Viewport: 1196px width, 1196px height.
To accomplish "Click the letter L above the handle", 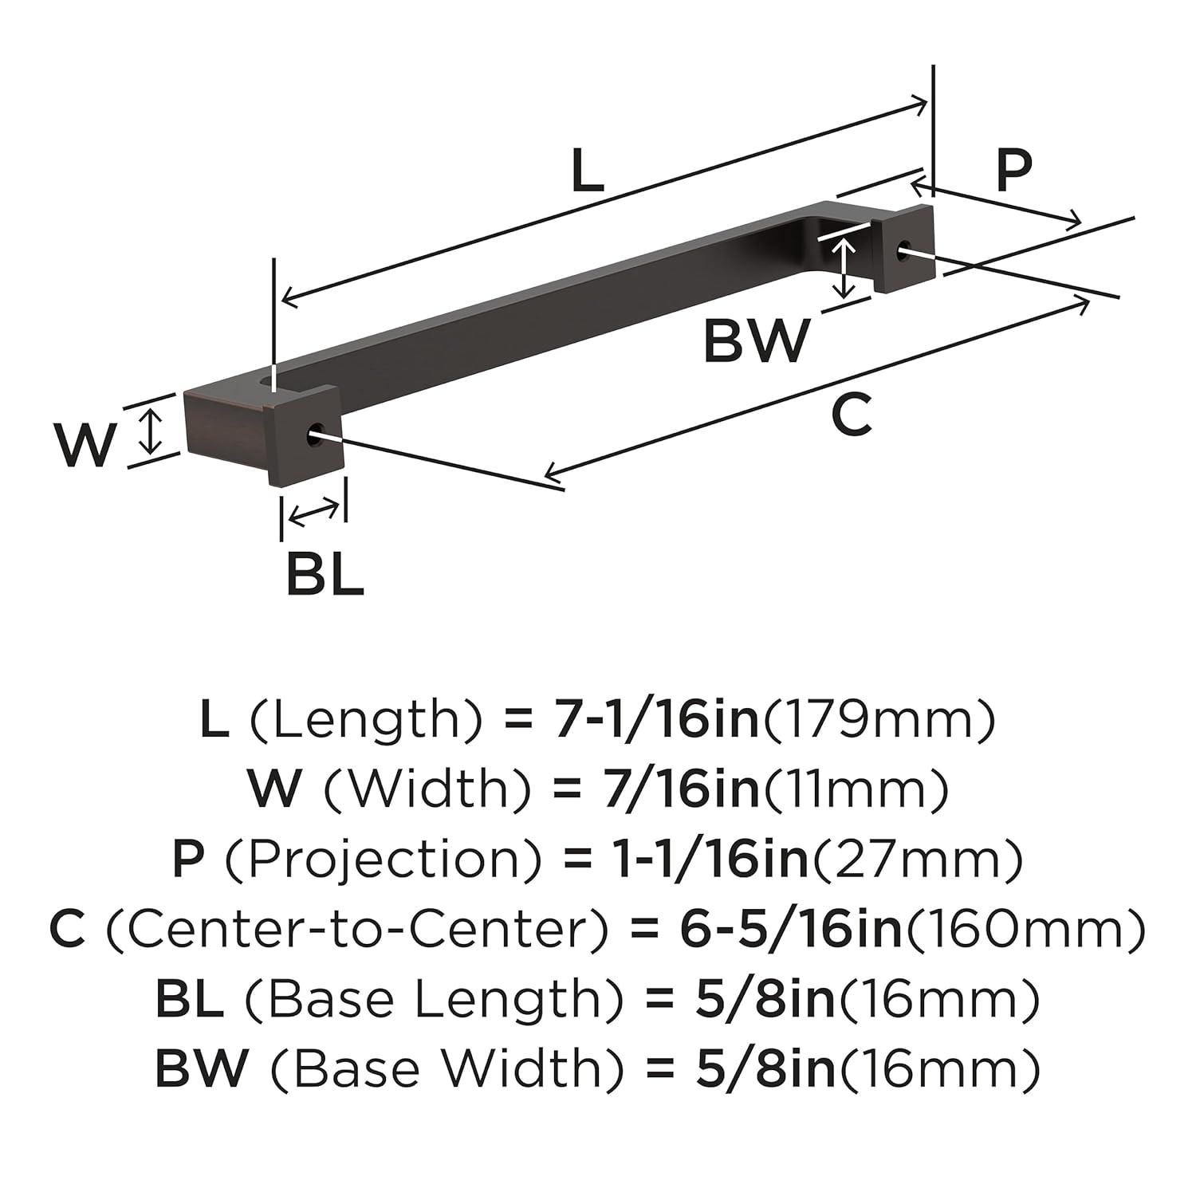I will [588, 173].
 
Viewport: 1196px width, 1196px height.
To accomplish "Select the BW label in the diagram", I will [756, 340].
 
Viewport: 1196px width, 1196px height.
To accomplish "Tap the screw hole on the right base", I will [903, 252].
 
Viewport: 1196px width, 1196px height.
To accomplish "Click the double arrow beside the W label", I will [150, 428].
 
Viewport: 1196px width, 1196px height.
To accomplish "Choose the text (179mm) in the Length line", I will [879, 719].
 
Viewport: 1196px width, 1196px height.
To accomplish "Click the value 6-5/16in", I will [789, 930].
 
